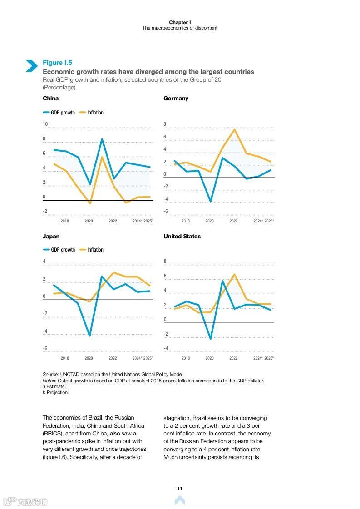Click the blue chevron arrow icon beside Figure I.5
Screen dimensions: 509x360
[x=31, y=66]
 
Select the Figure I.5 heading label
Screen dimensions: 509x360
[x=57, y=63]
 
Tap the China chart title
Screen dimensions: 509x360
[x=50, y=99]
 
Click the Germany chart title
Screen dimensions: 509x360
[x=176, y=99]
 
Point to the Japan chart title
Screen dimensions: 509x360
[x=51, y=237]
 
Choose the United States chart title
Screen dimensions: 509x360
[x=182, y=237]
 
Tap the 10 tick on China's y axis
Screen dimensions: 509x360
[x=45, y=124]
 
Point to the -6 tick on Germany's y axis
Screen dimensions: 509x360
[x=165, y=211]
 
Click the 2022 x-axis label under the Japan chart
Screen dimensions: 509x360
[x=113, y=358]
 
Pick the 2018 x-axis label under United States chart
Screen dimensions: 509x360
[x=186, y=358]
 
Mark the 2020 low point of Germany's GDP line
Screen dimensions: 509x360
[x=210, y=201]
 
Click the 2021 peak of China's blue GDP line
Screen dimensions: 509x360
[x=102, y=139]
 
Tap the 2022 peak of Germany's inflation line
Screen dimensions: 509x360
[x=234, y=130]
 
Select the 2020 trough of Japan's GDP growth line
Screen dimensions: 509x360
[x=89, y=336]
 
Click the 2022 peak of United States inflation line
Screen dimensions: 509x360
[x=234, y=274]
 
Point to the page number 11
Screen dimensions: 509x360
[x=180, y=489]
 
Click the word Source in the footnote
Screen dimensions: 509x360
[x=50, y=374]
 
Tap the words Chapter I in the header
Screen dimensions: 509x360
[x=180, y=22]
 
